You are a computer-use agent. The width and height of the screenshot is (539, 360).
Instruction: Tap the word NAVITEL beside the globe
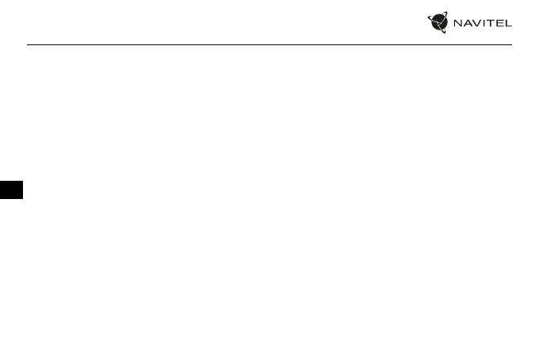tap(482, 23)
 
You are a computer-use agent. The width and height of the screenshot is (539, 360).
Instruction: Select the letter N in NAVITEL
tap(457, 23)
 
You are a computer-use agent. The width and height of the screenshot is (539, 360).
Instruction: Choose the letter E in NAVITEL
tap(499, 23)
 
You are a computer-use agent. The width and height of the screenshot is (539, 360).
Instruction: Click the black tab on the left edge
tap(12, 190)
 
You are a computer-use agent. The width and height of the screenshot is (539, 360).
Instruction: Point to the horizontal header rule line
tap(269, 44)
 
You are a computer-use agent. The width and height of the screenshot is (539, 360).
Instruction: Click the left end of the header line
tap(28, 44)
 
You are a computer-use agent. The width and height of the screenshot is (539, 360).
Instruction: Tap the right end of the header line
tap(511, 44)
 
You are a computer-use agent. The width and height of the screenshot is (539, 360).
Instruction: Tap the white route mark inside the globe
tap(439, 23)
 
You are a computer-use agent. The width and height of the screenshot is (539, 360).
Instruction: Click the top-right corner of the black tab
tap(24, 181)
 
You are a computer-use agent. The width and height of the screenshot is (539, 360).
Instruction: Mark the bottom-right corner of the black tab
tap(24, 200)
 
